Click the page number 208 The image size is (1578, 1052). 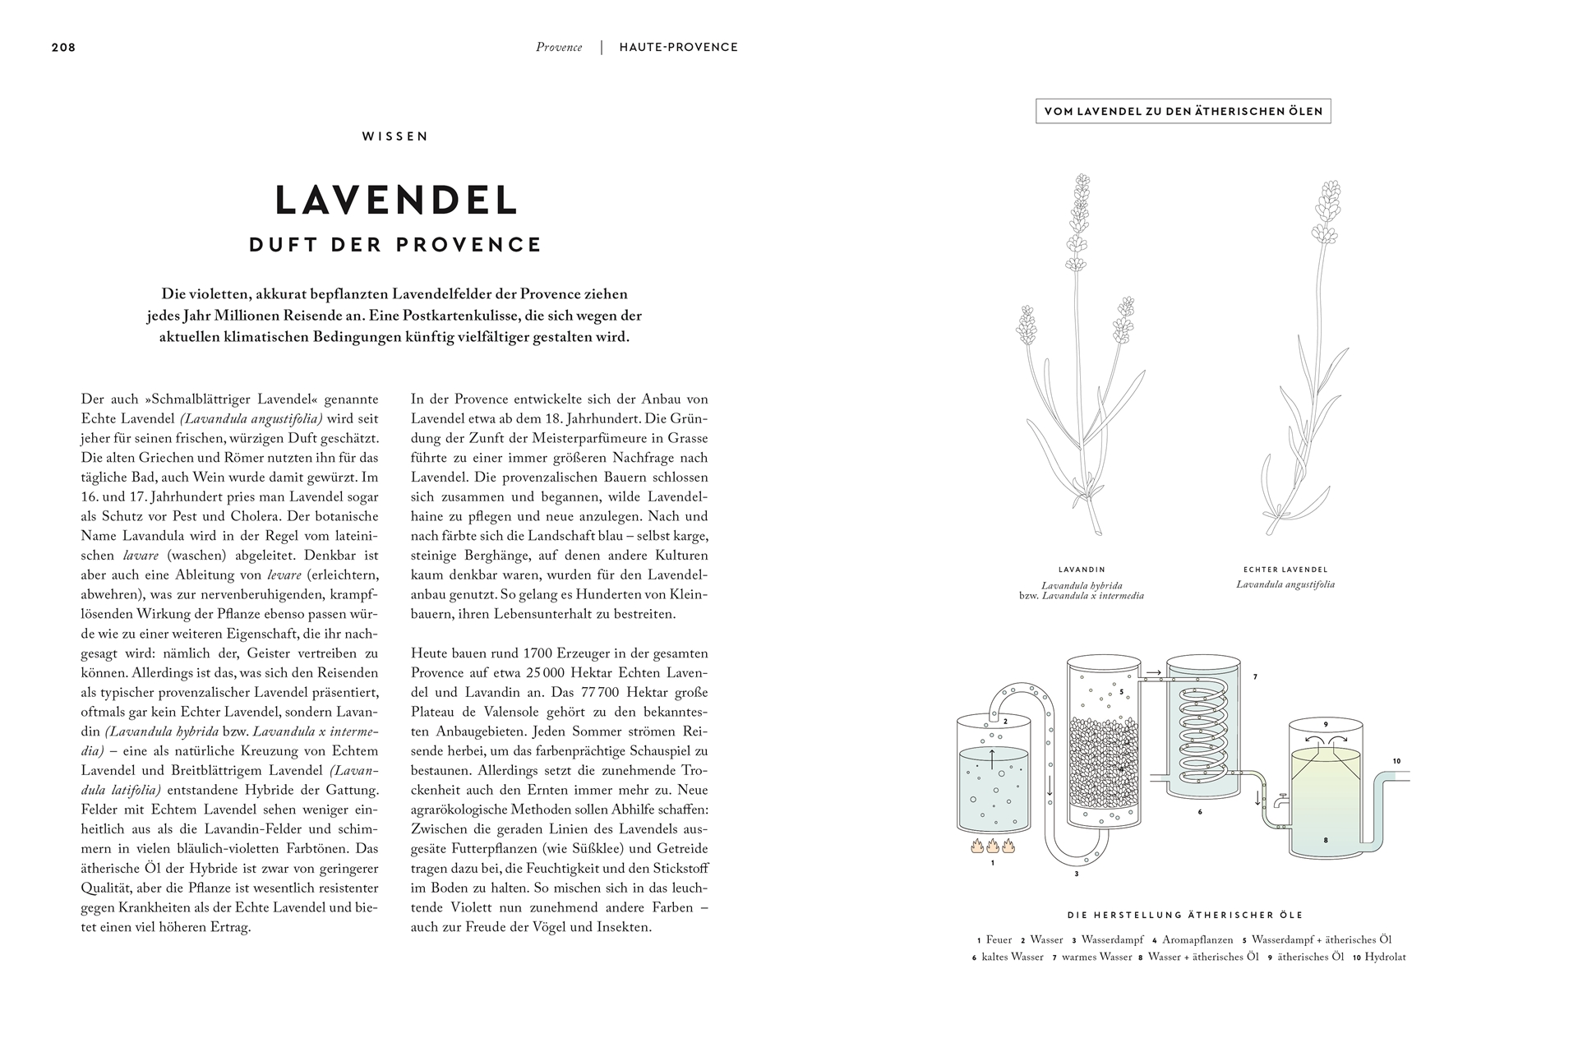click(63, 48)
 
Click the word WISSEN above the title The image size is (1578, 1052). click(395, 136)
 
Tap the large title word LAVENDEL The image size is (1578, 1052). click(396, 200)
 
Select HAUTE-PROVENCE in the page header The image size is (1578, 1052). click(679, 48)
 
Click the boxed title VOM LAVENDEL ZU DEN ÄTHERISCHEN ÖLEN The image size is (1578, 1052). click(1183, 111)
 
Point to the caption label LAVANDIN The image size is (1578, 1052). click(1081, 570)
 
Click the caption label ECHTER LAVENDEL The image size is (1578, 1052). click(1285, 570)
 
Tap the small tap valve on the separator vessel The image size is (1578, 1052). click(1280, 798)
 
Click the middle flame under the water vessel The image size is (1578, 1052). click(993, 846)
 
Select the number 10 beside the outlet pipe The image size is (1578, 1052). click(1396, 761)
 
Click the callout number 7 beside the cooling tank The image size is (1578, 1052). click(1255, 677)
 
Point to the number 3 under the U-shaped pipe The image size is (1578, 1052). click(1076, 874)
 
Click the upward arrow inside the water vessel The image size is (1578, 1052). click(993, 758)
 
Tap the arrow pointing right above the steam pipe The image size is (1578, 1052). click(1154, 672)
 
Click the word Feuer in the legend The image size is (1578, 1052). click(999, 939)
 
